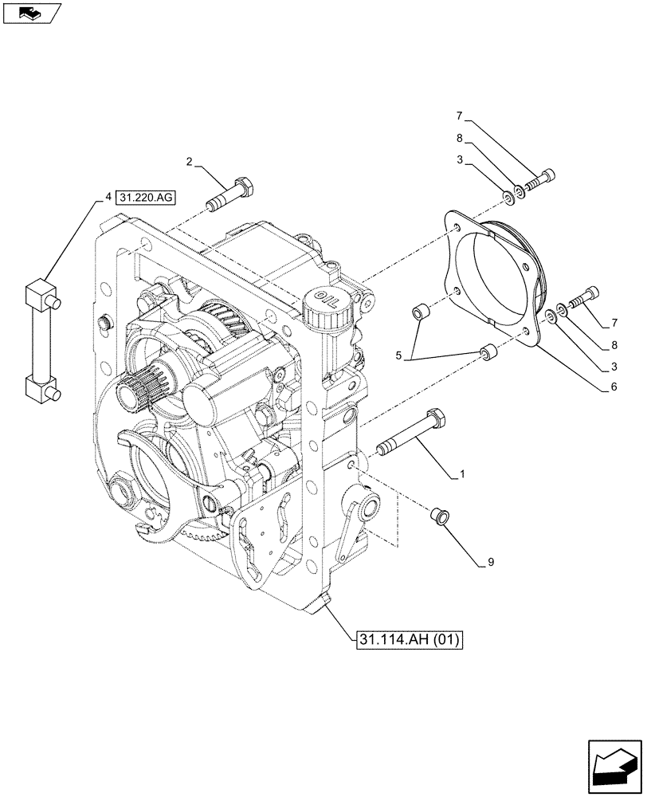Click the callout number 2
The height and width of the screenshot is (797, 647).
coord(189,163)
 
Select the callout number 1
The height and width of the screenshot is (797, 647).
coord(461,475)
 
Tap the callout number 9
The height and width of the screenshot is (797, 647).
coord(492,563)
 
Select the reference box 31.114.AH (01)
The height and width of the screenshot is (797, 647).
coord(406,639)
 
